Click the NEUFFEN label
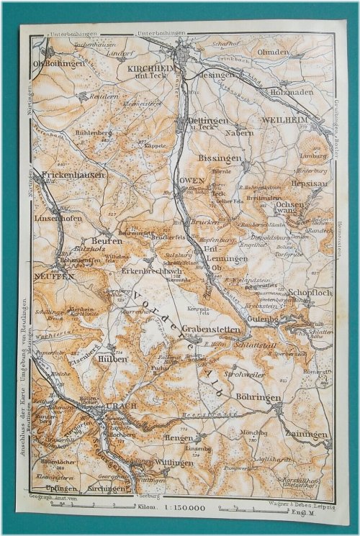[x=53, y=276]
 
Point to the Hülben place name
[x=112, y=358]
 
